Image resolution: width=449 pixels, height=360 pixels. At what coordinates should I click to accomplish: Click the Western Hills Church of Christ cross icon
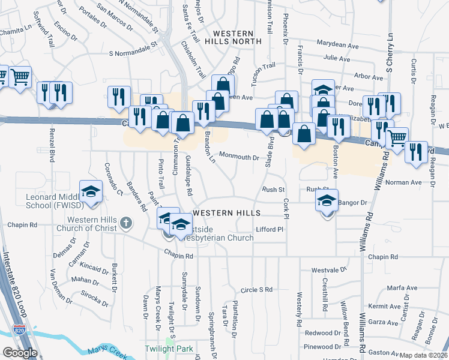(125, 223)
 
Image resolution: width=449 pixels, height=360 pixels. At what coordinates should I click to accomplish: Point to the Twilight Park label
(168, 349)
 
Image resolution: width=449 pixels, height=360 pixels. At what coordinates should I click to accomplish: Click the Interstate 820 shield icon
(19, 330)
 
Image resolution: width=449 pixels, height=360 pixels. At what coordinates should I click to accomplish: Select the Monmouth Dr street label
(238, 158)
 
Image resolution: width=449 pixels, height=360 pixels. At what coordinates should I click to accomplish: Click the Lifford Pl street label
(269, 230)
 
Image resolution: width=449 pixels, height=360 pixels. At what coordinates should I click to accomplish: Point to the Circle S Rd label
(256, 290)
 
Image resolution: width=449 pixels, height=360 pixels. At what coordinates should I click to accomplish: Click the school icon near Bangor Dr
(327, 200)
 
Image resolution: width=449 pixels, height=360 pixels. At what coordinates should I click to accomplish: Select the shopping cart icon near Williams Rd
(397, 139)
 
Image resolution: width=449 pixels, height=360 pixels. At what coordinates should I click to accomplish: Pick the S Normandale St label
(133, 49)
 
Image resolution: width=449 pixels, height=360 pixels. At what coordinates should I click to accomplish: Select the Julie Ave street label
(336, 58)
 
